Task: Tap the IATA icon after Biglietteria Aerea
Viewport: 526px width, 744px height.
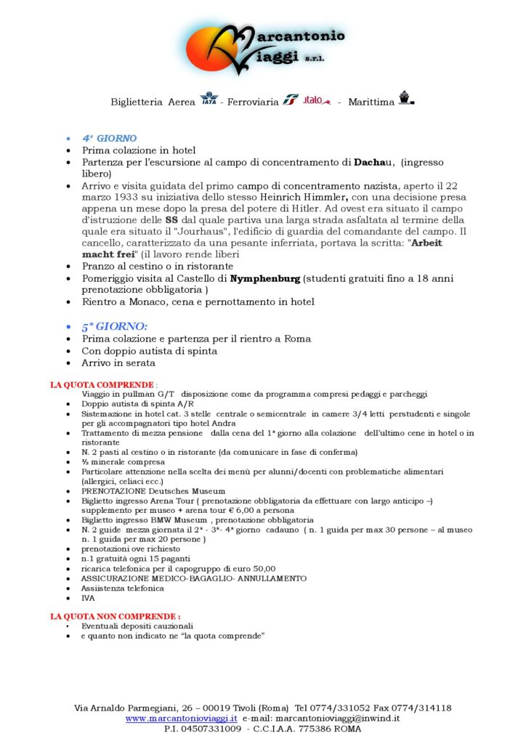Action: [209, 99]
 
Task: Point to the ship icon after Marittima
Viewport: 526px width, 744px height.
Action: [405, 99]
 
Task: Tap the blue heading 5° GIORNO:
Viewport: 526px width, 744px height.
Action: [114, 326]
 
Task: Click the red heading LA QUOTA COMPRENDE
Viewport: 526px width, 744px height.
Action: [102, 384]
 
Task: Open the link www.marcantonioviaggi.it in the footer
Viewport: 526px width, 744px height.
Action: [182, 718]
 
